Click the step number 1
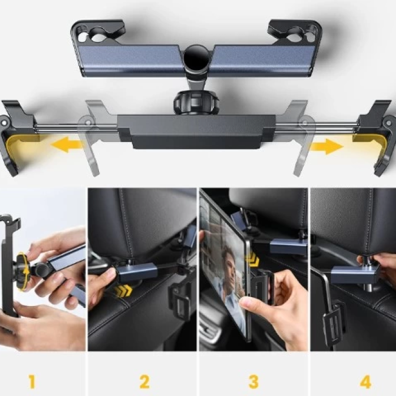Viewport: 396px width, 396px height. (32, 381)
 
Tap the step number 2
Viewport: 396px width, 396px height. (144, 381)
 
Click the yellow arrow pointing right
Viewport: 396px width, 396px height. (326, 147)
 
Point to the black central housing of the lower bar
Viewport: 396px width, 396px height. (196, 131)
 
